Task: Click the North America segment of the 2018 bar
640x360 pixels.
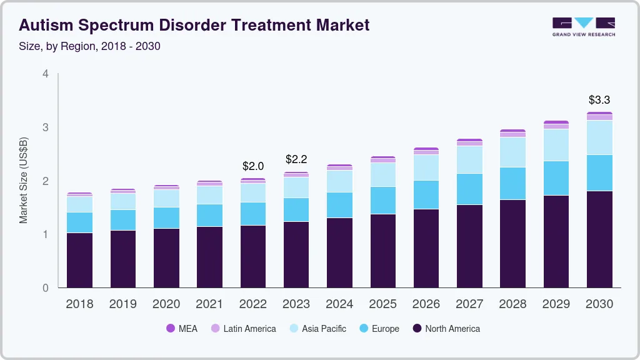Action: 79,260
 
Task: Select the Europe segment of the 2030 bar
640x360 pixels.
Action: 599,173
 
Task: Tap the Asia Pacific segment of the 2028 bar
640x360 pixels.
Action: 512,152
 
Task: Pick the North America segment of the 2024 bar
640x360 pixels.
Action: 339,252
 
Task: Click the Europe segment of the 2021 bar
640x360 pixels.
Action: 209,215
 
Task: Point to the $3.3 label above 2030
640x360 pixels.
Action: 599,100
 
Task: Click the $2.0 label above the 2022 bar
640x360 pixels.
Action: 253,166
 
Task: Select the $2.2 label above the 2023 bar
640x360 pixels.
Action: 296,159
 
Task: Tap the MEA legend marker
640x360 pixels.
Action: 170,328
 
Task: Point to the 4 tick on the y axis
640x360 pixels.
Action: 45,74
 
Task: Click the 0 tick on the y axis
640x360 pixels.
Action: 45,288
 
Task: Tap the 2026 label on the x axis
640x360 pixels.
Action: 426,304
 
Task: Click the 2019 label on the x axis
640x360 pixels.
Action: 122,304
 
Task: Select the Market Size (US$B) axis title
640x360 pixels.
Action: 24,181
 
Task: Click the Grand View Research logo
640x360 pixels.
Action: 583,27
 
